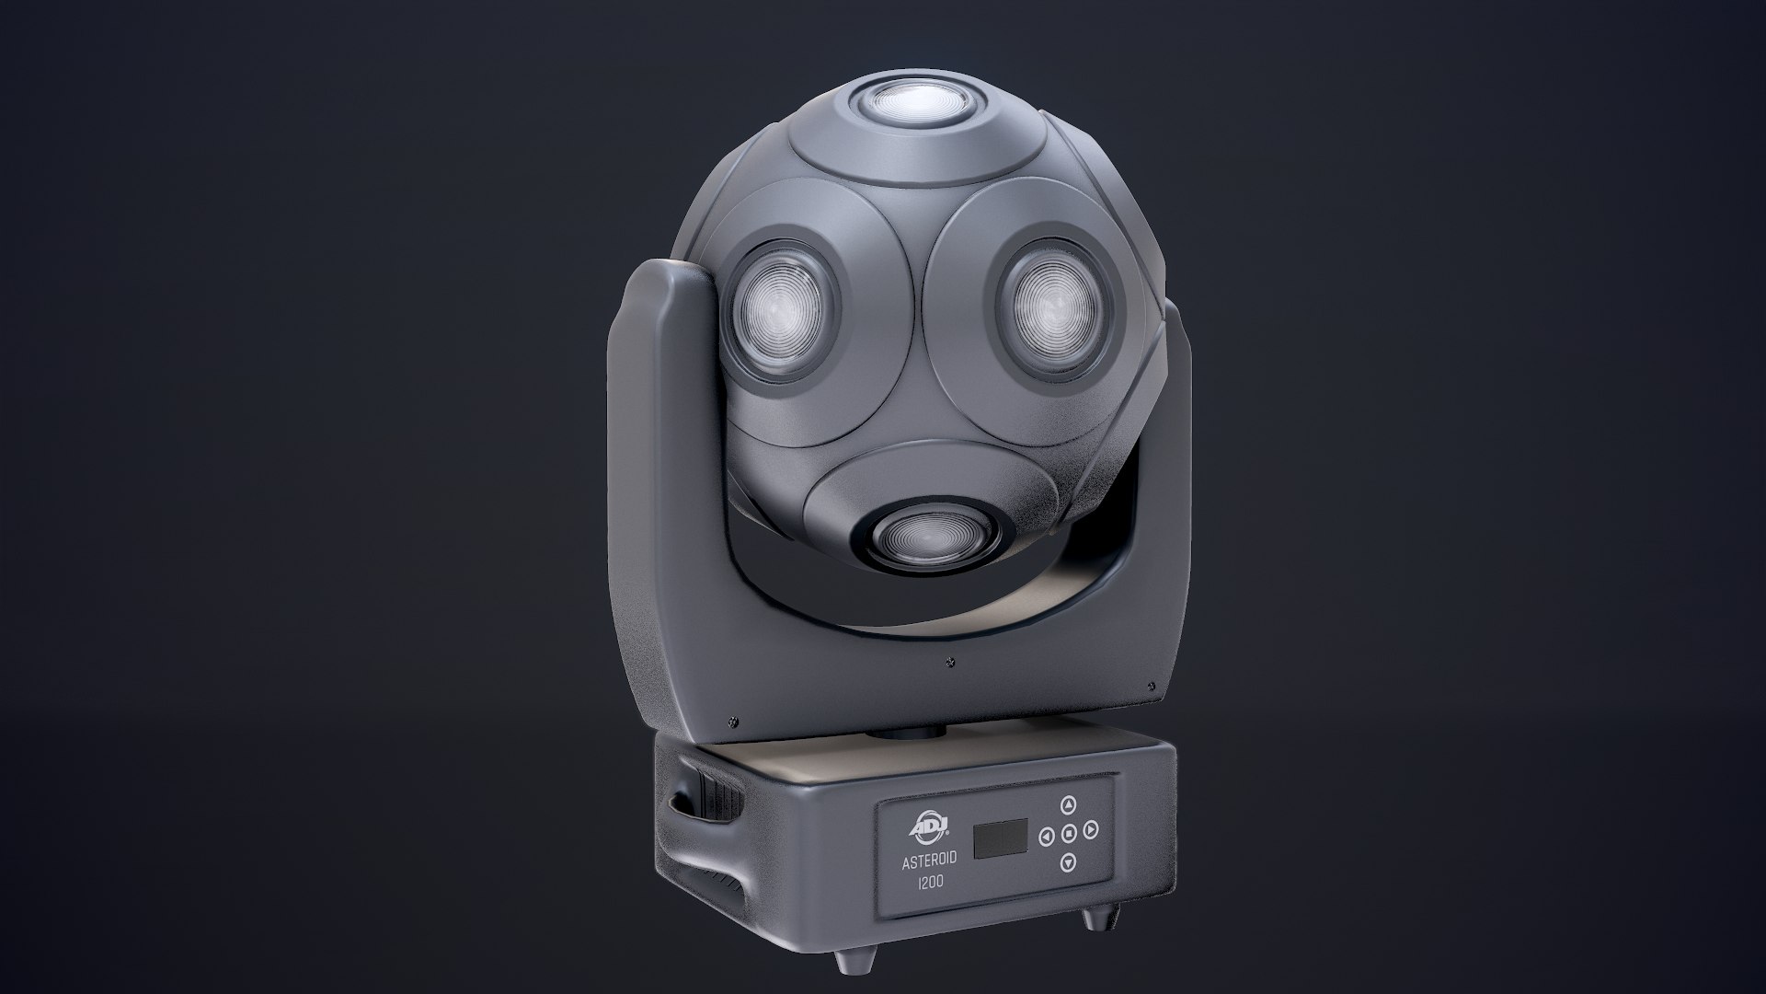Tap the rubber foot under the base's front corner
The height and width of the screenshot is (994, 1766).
845,959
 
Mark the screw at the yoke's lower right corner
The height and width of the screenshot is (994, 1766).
1152,686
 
